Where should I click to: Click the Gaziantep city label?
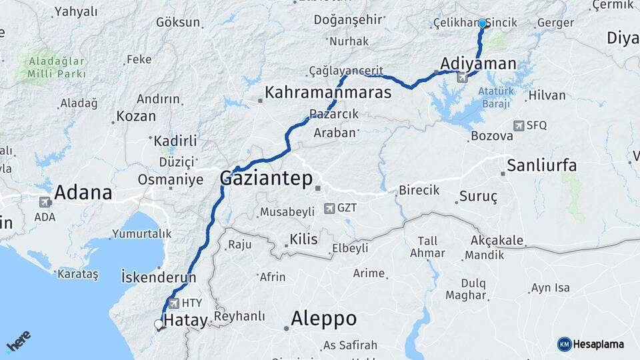coord(267,179)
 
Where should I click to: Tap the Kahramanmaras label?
coord(328,93)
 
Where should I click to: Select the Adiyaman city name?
coord(478,64)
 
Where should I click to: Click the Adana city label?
coord(83,193)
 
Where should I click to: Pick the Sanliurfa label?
coord(541,165)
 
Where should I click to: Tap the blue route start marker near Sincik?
coord(482,23)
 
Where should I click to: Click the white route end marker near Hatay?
coord(159,325)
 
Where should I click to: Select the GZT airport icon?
coord(329,209)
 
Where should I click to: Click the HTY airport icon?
coord(173,303)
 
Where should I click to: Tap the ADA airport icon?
coord(46,202)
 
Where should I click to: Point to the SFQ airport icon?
coord(519,125)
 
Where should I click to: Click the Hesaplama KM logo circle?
coord(564,344)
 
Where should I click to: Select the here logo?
coord(19,342)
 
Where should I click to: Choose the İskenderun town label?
coord(159,277)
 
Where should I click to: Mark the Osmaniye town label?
coord(170,180)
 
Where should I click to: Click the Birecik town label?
coord(419,190)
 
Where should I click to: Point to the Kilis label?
coord(303,239)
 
